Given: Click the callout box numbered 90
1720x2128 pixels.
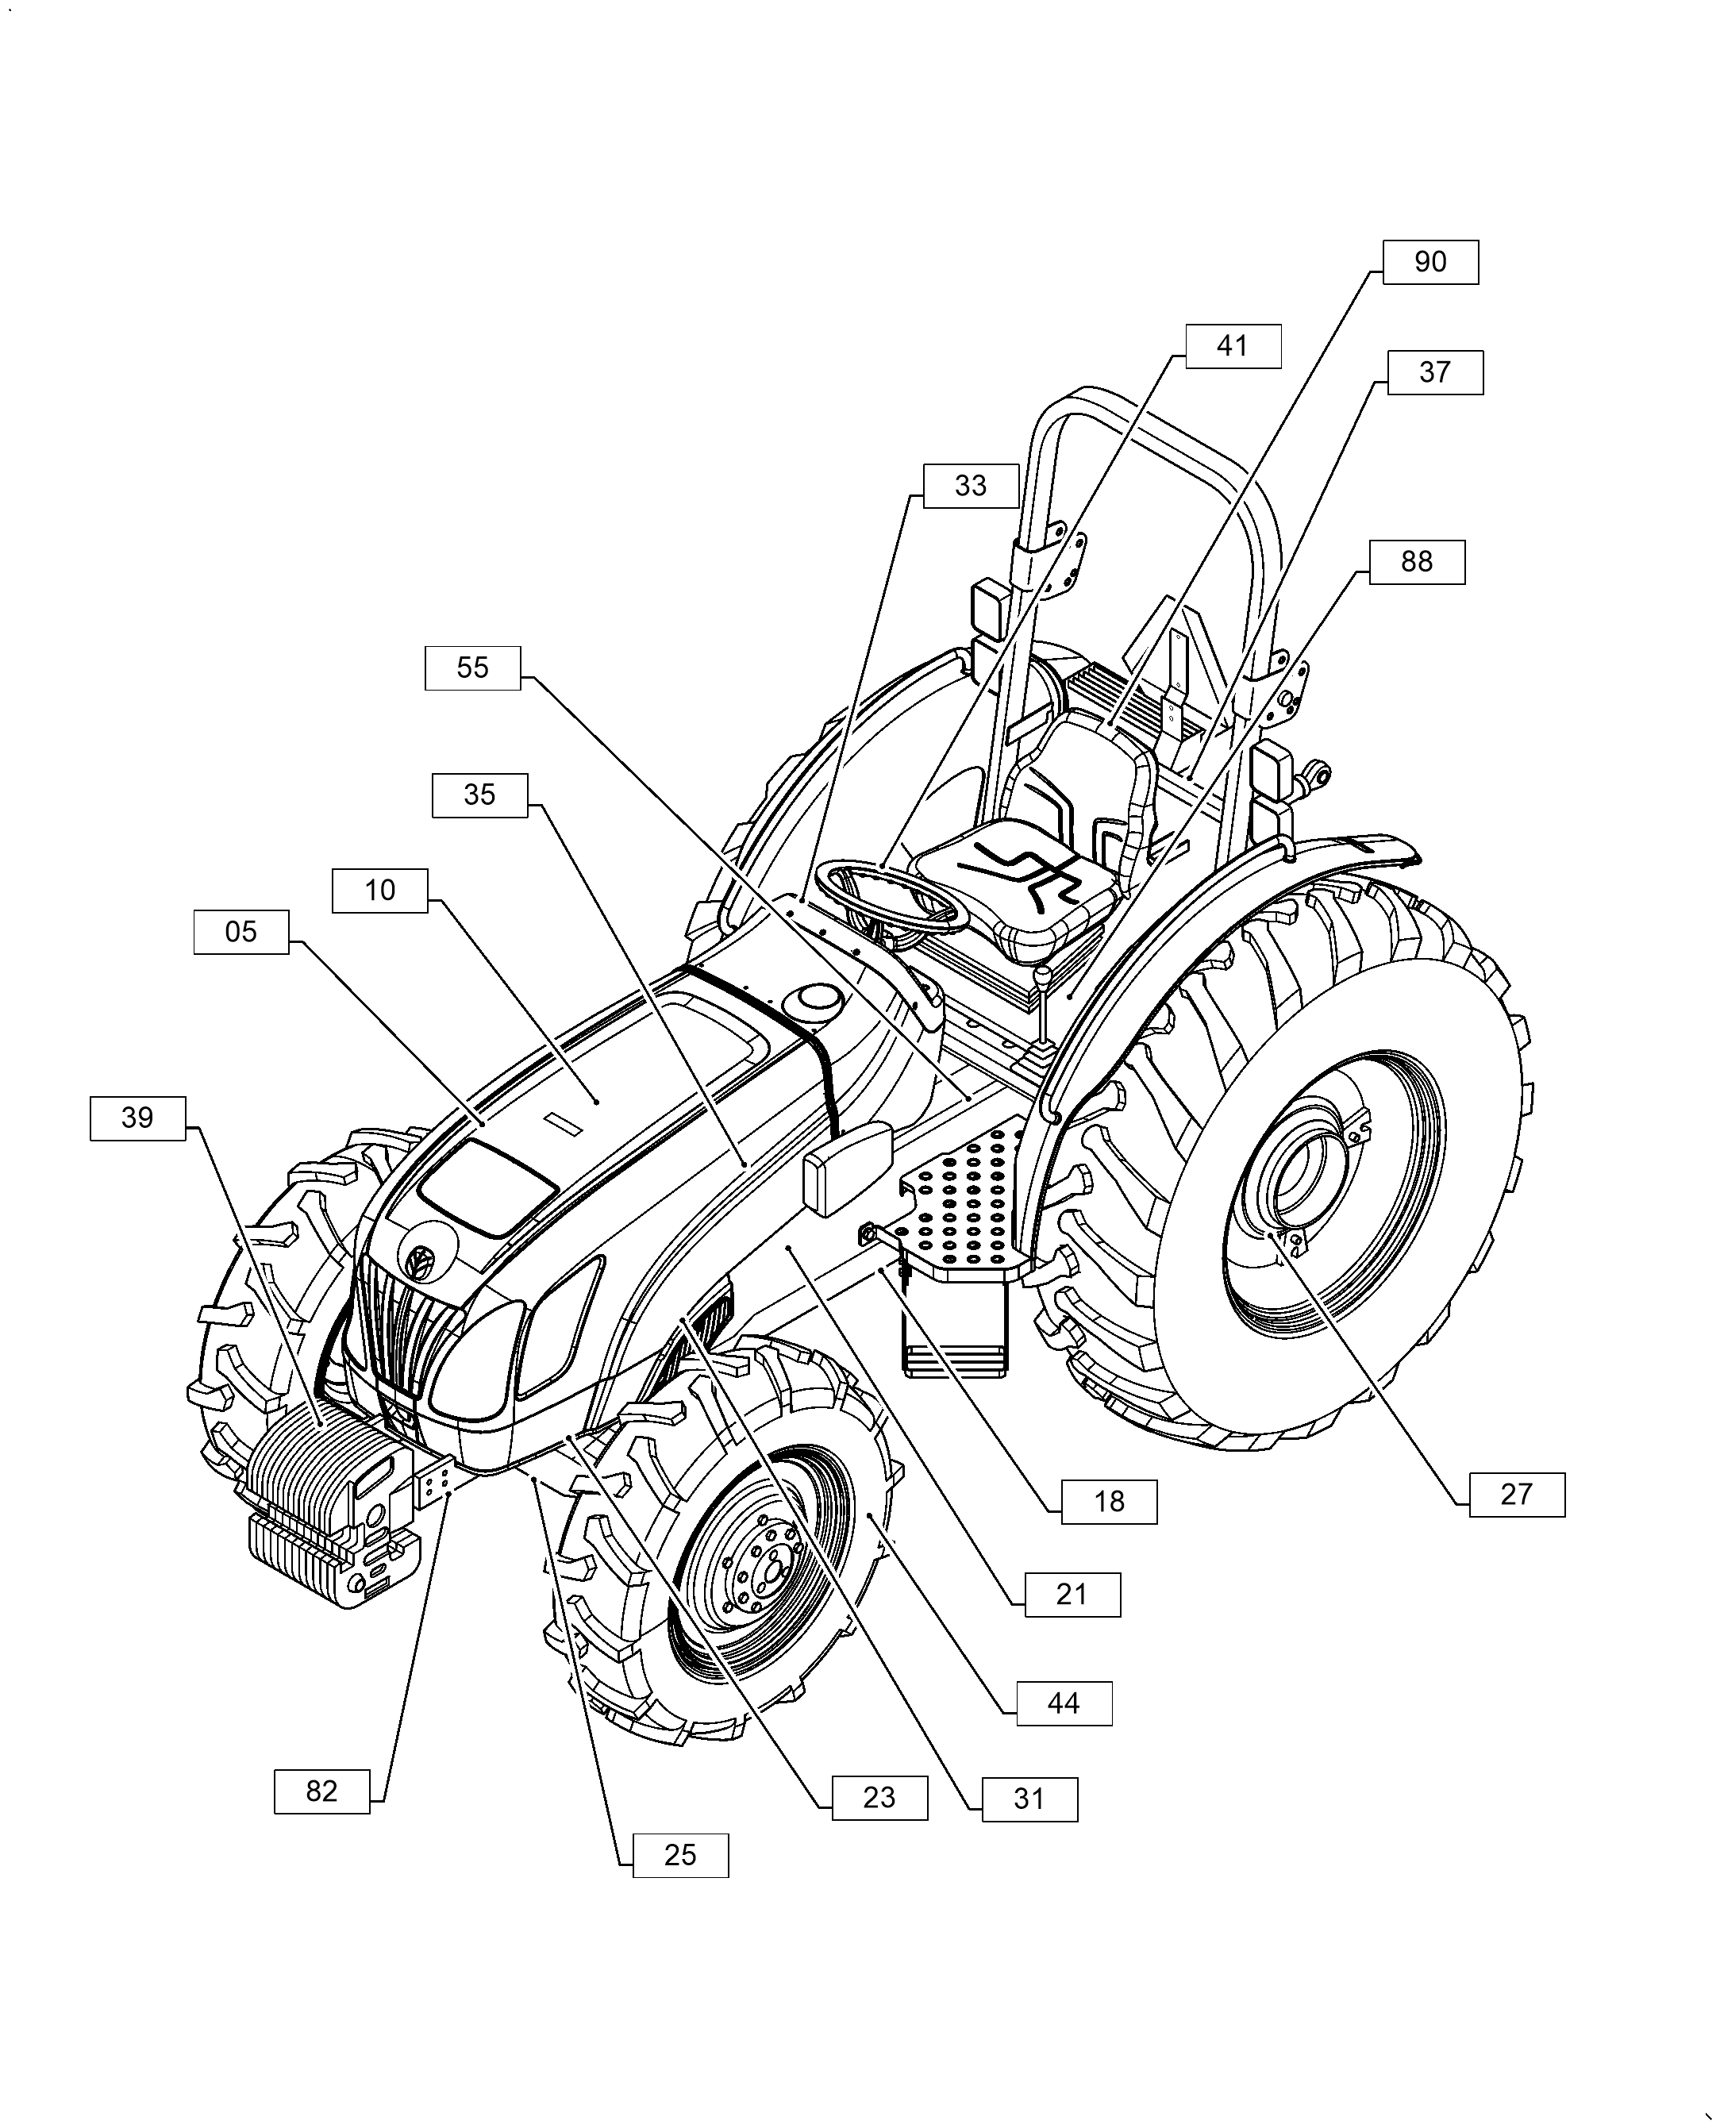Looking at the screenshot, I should click(1429, 263).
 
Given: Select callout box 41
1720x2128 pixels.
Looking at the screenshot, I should click(1233, 347).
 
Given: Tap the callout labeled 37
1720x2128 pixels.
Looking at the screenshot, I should click(1434, 372).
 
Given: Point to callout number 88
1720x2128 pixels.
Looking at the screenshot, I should click(1416, 562).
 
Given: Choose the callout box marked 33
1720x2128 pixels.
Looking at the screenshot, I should click(970, 487).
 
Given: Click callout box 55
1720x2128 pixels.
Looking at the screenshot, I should click(471, 668).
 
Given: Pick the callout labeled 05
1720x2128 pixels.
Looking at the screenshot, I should click(240, 932).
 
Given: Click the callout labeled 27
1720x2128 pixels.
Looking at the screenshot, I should click(1516, 1495).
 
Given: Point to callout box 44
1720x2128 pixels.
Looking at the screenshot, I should click(1063, 1704).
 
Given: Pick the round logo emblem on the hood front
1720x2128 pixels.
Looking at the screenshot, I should click(419, 1261).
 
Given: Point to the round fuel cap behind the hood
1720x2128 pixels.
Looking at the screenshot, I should click(814, 1001).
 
